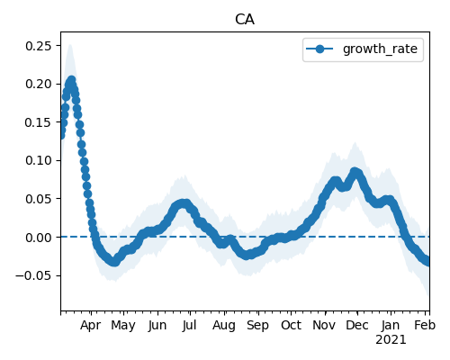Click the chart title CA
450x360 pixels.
[245, 20]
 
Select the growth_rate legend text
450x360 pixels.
[380, 49]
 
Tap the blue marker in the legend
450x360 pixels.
[319, 49]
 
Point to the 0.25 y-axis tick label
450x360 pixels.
[38, 46]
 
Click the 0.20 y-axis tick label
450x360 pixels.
[38, 84]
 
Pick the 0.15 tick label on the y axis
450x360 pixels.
[38, 122]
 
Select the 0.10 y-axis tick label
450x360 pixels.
[38, 160]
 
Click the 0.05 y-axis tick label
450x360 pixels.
[38, 199]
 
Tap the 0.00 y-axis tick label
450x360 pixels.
[38, 238]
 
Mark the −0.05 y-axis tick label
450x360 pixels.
[33, 275]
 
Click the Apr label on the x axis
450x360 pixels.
[90, 326]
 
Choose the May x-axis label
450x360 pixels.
[123, 326]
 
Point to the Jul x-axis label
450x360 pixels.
[189, 325]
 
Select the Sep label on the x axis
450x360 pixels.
[257, 326]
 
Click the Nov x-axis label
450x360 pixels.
[324, 325]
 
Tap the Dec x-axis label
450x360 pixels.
[357, 325]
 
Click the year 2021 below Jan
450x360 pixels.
[391, 340]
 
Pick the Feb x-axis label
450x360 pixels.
[425, 325]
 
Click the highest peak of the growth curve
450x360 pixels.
[71, 80]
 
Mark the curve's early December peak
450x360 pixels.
[355, 172]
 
